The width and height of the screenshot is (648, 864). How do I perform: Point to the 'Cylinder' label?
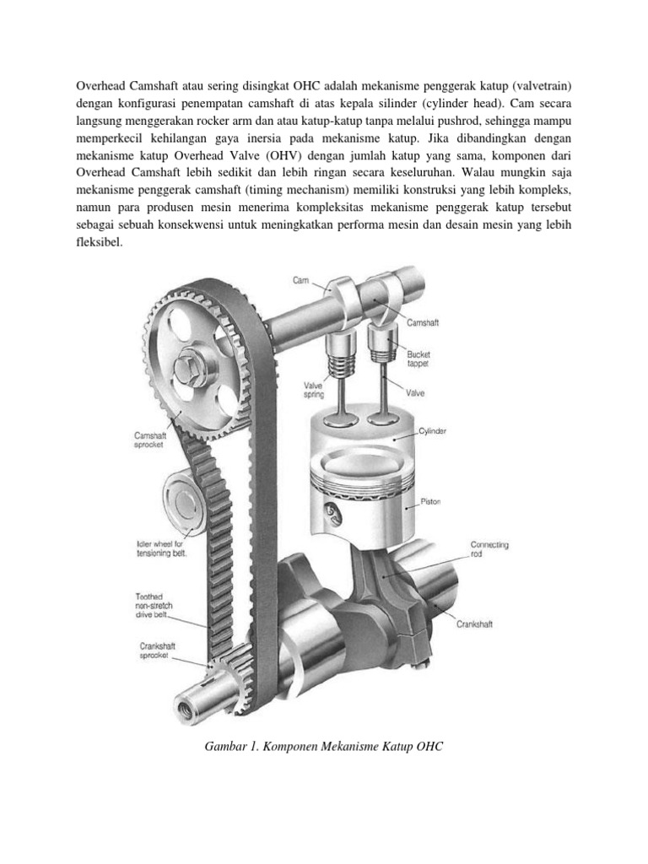[x=433, y=430]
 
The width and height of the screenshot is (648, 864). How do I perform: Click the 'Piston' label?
[x=430, y=501]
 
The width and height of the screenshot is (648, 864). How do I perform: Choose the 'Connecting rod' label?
[x=489, y=550]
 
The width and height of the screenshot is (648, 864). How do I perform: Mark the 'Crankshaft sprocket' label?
[x=157, y=651]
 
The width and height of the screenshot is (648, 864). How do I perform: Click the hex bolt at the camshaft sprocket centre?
[x=186, y=370]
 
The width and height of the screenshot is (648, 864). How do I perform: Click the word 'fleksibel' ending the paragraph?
[x=100, y=241]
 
